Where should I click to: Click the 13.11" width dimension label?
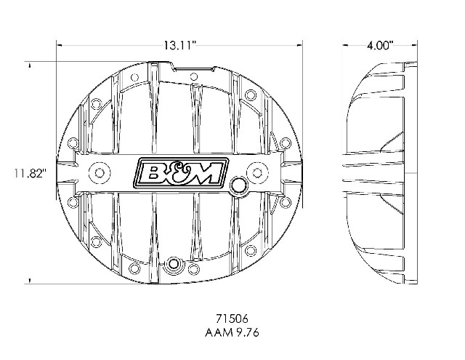[180, 46]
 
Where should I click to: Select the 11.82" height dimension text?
[31, 173]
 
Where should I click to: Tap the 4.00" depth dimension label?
[380, 46]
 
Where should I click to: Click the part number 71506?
[232, 319]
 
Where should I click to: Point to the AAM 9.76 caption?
[232, 332]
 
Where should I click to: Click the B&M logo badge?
[181, 173]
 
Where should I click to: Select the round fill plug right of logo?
[238, 185]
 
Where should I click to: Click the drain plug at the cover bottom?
[174, 263]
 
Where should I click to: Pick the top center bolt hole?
[194, 76]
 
